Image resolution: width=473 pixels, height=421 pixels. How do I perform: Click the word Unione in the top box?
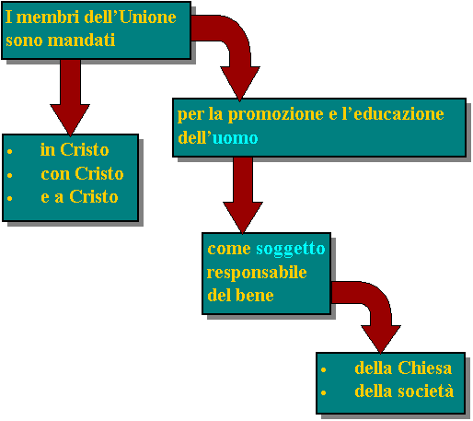(148, 18)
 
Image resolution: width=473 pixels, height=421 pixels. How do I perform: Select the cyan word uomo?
(235, 138)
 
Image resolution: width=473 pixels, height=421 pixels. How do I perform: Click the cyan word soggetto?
(291, 250)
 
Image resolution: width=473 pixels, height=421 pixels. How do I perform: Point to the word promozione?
(275, 115)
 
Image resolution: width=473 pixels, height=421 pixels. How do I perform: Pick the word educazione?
(398, 113)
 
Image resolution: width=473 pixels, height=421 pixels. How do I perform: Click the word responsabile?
(257, 273)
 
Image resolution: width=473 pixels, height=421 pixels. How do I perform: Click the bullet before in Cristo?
(10, 151)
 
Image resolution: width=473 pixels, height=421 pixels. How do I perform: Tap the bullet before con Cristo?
(10, 175)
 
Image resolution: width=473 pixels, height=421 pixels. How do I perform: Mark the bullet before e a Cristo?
(10, 199)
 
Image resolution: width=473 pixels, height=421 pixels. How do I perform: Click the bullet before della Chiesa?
(323, 369)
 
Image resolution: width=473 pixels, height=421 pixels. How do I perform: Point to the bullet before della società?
(323, 392)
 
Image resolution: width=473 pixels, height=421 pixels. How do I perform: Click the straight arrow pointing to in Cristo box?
(70, 98)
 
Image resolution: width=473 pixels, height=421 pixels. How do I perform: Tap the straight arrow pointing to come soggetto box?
(243, 195)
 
